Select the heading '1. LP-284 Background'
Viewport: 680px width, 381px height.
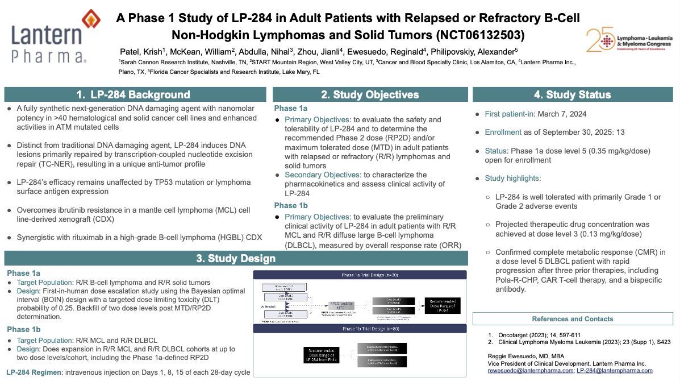pos(134,94)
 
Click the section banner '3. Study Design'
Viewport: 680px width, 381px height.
pos(236,259)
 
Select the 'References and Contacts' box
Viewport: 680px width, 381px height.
pos(573,319)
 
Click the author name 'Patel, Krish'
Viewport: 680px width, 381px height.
pos(140,51)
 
